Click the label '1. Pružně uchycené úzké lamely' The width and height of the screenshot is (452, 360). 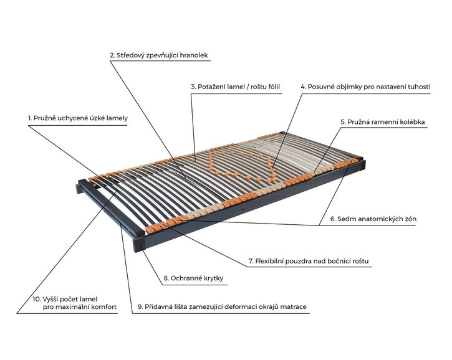coord(78,118)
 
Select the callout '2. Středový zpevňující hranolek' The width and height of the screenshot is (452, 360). coord(159,55)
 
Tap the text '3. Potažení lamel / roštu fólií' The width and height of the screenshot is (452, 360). coord(236,87)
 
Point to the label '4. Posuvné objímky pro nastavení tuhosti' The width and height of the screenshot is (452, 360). coord(365,87)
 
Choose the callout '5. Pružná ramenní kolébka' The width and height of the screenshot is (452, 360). coord(383,122)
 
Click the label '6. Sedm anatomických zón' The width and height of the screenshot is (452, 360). coord(373,219)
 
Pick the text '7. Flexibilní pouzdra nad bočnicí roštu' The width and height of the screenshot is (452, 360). coord(309,261)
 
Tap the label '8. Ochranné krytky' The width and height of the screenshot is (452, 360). coord(193,278)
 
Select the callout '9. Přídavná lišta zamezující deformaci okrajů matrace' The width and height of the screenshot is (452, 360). coord(222,306)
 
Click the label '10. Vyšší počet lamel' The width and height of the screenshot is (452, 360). coord(65,299)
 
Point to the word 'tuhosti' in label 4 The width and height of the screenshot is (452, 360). coord(419,87)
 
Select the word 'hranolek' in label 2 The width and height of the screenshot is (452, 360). coord(194,55)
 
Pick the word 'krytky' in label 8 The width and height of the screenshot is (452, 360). coord(213,278)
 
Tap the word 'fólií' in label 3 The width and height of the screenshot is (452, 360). coord(272,87)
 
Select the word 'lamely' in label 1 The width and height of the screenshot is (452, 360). coord(117,118)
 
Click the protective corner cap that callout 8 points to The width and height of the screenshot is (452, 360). coord(139,244)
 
